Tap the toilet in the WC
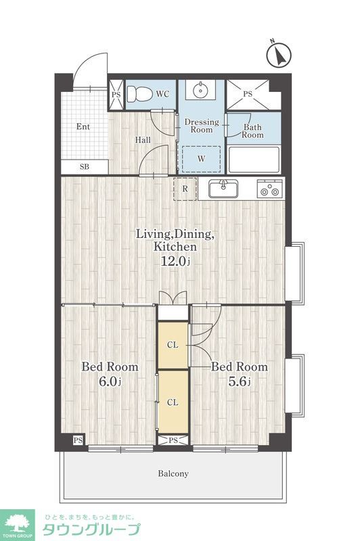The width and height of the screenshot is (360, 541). [139, 93]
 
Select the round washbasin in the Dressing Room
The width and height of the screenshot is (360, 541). [200, 91]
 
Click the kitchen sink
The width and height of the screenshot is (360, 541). [223, 189]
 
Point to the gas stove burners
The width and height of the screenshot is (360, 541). [270, 189]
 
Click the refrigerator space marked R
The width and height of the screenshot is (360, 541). [185, 189]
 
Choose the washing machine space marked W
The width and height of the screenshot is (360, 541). [201, 159]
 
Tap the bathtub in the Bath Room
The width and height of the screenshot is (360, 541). [254, 160]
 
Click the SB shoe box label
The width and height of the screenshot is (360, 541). [84, 167]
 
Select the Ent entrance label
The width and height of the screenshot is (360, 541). [83, 126]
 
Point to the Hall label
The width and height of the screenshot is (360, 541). [143, 140]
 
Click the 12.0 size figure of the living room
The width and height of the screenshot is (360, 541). [175, 261]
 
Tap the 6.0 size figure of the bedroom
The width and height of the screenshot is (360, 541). [110, 381]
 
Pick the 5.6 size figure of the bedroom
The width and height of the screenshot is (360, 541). [240, 381]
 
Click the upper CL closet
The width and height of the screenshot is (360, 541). [173, 345]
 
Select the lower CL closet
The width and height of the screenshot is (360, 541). [173, 402]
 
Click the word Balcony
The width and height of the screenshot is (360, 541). [173, 473]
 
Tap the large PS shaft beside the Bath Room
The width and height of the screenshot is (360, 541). [248, 95]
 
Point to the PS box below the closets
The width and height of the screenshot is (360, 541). [173, 440]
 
